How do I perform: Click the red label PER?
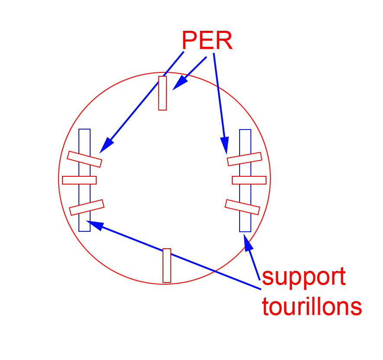[207, 41]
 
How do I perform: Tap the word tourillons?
[312, 306]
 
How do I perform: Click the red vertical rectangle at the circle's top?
[162, 93]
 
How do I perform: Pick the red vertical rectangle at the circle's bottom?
[167, 265]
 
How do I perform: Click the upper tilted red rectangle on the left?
[84, 159]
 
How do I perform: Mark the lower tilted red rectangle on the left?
[87, 207]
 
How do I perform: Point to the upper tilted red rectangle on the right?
[244, 159]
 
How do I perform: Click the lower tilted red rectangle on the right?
[243, 207]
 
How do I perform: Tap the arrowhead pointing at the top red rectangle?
[178, 84]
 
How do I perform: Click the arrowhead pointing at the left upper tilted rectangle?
[105, 147]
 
